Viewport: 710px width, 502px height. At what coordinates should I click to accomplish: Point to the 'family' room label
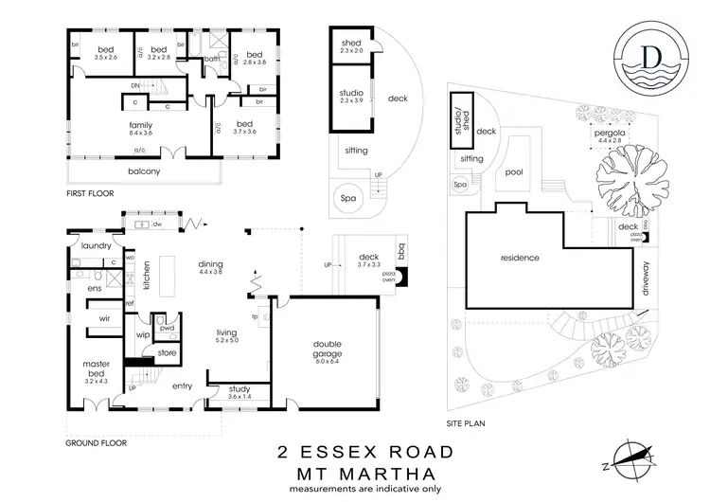(140, 124)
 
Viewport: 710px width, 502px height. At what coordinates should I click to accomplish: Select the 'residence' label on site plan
(520, 257)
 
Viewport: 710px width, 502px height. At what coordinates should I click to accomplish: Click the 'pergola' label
(608, 134)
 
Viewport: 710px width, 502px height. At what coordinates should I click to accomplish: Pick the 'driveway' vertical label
(647, 279)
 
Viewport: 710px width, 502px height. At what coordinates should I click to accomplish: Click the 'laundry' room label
(97, 245)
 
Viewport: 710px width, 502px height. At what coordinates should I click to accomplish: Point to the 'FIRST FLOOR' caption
(90, 193)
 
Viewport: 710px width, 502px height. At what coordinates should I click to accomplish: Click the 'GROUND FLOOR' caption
(98, 442)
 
